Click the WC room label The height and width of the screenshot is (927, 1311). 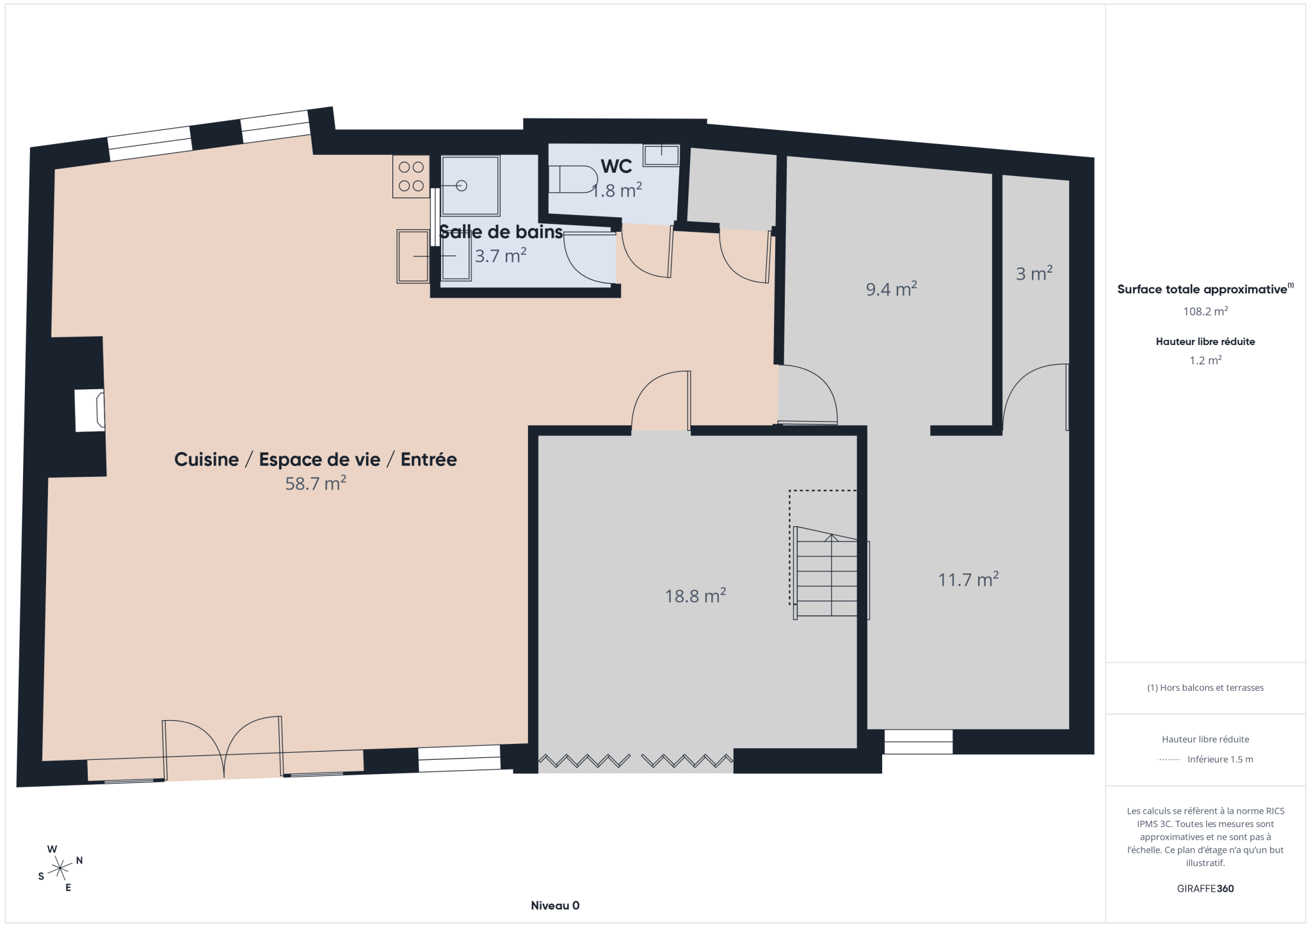coord(616,166)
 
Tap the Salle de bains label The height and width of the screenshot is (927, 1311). coord(501,232)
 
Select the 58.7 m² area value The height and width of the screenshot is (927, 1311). coord(316,483)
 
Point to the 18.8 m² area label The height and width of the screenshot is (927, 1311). coord(695,595)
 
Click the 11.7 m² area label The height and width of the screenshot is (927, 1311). coord(969,579)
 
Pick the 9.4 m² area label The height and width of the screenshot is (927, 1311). coord(891,289)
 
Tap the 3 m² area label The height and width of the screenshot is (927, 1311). coord(1034,273)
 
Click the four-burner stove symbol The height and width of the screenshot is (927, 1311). coord(411,177)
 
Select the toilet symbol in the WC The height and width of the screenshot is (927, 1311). coord(573,179)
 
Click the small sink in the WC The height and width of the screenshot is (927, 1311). coord(661,155)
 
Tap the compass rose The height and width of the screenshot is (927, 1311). coord(60,868)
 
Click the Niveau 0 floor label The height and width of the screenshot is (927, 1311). coord(555,905)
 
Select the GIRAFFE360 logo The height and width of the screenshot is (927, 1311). coord(1205,889)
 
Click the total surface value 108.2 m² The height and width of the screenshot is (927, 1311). coord(1205,311)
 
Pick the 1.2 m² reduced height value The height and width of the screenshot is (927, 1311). coord(1205,360)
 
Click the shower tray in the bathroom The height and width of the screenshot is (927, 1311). coord(471,186)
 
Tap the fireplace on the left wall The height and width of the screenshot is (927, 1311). coord(90,410)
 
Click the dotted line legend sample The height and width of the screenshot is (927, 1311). coord(1169,760)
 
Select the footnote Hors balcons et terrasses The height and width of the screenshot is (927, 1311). coord(1205,688)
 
